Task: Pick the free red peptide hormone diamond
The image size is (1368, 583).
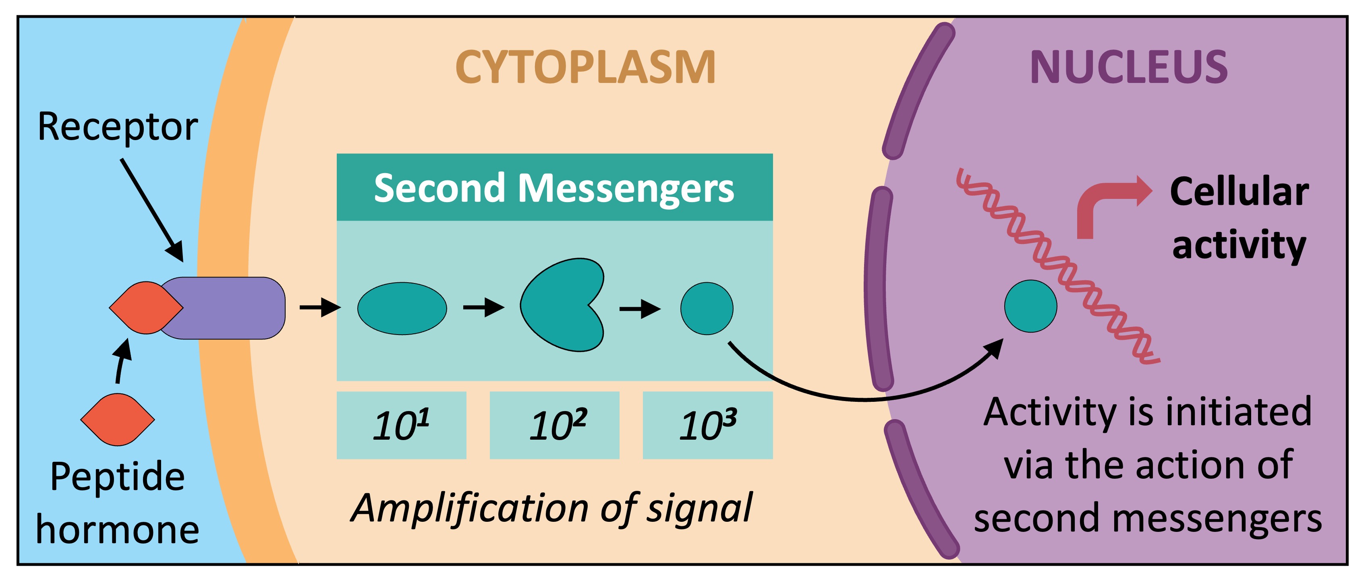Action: (x=117, y=420)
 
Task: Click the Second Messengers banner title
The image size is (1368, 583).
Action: (x=554, y=188)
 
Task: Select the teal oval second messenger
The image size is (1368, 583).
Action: (x=402, y=308)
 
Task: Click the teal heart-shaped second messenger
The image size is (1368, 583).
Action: (x=560, y=305)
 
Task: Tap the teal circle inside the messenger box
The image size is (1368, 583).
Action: (x=707, y=308)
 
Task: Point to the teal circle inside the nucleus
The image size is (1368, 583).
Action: (x=1030, y=306)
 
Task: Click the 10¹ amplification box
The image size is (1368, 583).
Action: (x=402, y=425)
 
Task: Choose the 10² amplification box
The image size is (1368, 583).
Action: (x=554, y=425)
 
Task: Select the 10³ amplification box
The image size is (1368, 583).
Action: (x=707, y=425)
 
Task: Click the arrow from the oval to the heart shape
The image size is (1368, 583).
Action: (x=483, y=308)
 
